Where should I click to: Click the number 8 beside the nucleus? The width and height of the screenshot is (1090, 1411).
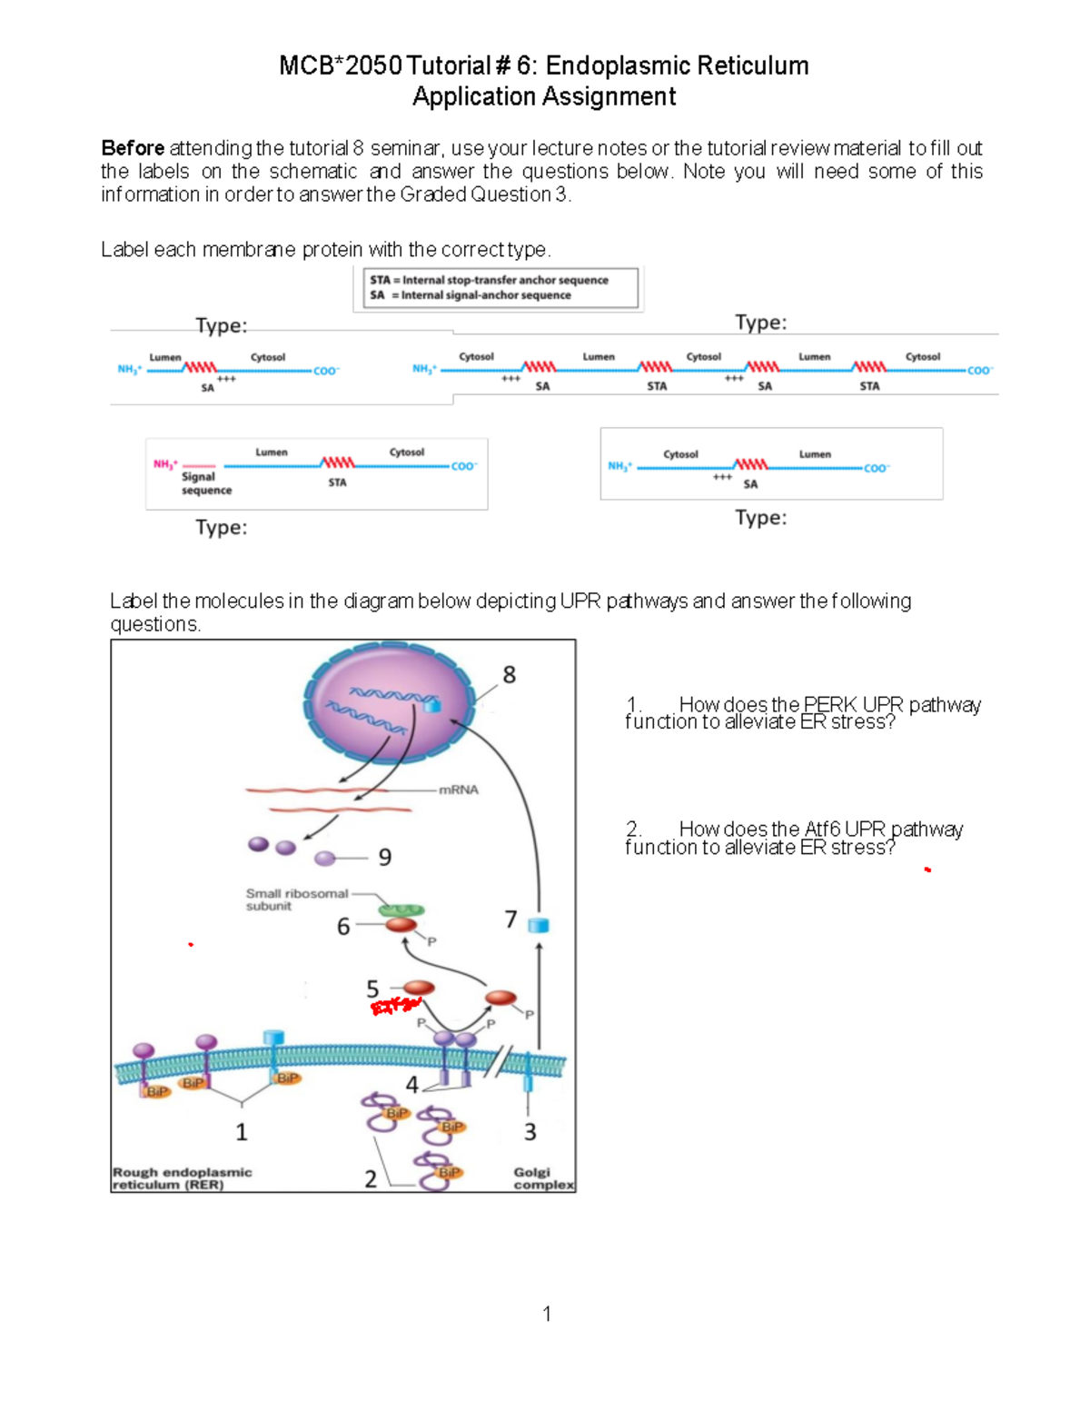tap(509, 675)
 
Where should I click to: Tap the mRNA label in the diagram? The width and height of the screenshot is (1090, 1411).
tap(458, 790)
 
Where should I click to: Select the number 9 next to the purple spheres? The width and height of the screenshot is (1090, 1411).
tap(385, 858)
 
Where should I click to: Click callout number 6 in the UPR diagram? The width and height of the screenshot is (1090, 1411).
tap(343, 926)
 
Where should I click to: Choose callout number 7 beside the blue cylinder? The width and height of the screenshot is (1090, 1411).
tap(511, 919)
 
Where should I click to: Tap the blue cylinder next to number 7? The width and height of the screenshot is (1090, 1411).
tap(539, 926)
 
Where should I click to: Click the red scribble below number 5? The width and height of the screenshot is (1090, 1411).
tap(395, 1006)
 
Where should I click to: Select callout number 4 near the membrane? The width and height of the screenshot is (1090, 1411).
tap(411, 1085)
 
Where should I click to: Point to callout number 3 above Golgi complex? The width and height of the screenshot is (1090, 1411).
tap(530, 1132)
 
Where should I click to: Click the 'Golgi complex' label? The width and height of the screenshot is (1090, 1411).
tap(542, 1178)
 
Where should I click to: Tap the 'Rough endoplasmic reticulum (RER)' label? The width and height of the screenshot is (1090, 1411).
tap(182, 1178)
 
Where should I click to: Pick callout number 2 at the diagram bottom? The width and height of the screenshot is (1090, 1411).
tap(371, 1179)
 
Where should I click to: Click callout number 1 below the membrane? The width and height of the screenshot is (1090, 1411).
tap(242, 1132)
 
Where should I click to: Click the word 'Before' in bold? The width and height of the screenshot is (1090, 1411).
tap(133, 148)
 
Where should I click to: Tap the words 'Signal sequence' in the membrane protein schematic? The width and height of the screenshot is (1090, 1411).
tap(206, 483)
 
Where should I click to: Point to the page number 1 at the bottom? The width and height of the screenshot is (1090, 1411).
tap(547, 1314)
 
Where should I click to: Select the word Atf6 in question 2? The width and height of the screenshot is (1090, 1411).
tap(822, 830)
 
